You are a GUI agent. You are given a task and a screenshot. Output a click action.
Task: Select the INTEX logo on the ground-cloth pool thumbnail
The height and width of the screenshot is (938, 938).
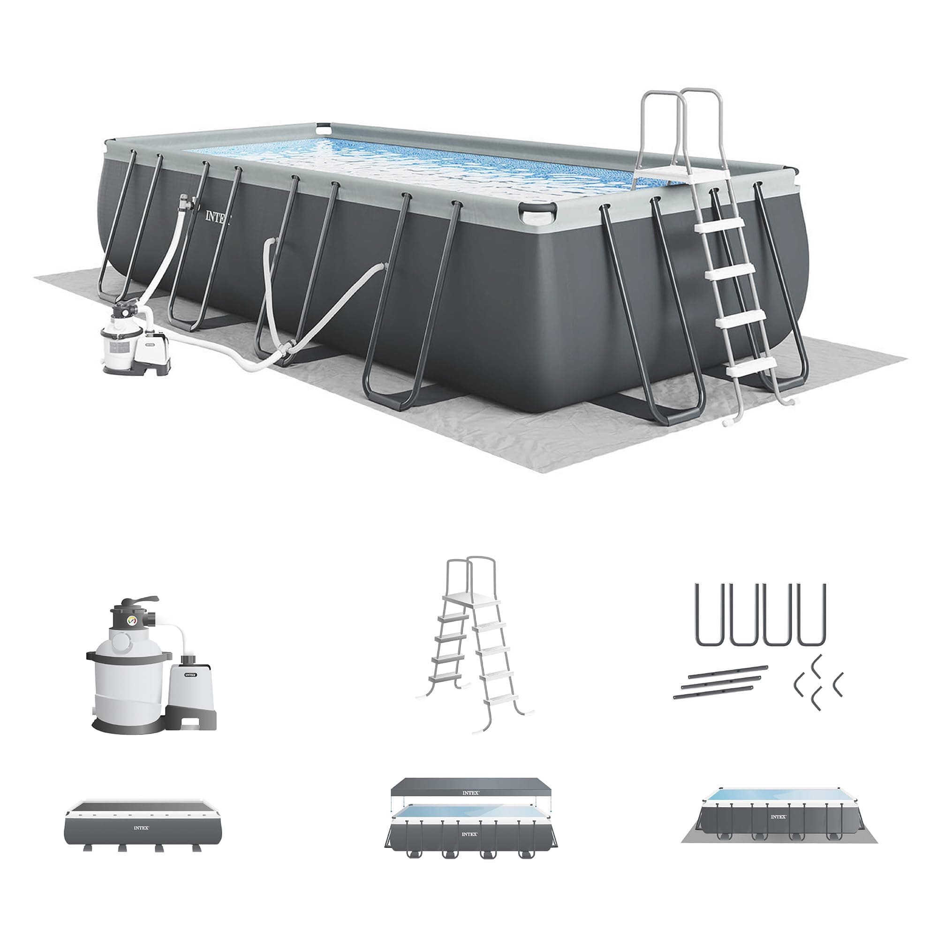(778, 817)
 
